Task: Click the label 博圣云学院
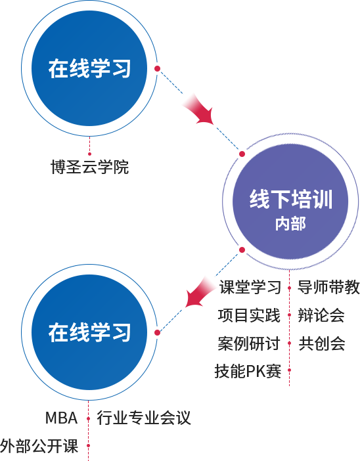[90, 167]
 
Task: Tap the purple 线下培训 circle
[290, 202]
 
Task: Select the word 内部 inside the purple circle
[290, 223]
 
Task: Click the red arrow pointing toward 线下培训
[199, 110]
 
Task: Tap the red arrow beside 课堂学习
[200, 292]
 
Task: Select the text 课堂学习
[250, 287]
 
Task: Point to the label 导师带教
[328, 287]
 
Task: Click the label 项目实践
[249, 315]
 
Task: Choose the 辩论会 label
[321, 315]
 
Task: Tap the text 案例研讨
[249, 343]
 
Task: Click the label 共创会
[322, 343]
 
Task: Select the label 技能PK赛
[248, 371]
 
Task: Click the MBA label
[62, 418]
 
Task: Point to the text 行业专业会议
[144, 418]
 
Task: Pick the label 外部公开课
[39, 446]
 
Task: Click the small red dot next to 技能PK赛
[290, 370]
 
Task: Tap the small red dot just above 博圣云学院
[90, 154]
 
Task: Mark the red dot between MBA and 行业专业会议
[88, 418]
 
